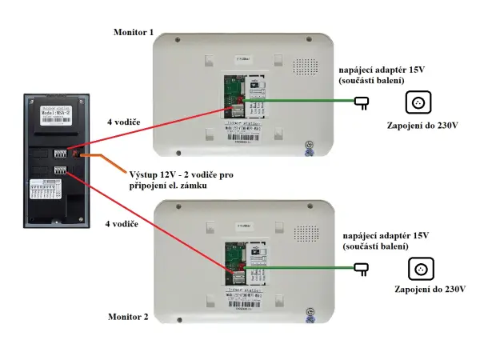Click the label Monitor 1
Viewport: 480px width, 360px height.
[134, 33]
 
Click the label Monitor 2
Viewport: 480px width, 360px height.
[128, 317]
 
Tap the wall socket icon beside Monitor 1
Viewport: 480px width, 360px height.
[418, 102]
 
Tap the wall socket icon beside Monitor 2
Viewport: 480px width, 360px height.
[419, 269]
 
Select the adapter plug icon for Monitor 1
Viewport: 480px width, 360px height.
[362, 102]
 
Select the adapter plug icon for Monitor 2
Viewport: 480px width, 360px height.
[362, 269]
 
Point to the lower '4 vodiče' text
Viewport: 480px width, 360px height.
[122, 224]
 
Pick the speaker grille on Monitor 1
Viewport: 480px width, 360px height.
[306, 66]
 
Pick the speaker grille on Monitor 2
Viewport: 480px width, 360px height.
[306, 233]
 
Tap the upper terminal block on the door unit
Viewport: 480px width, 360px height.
[61, 152]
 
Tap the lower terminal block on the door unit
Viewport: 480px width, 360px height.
[61, 170]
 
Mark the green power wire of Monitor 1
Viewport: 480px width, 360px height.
[312, 102]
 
